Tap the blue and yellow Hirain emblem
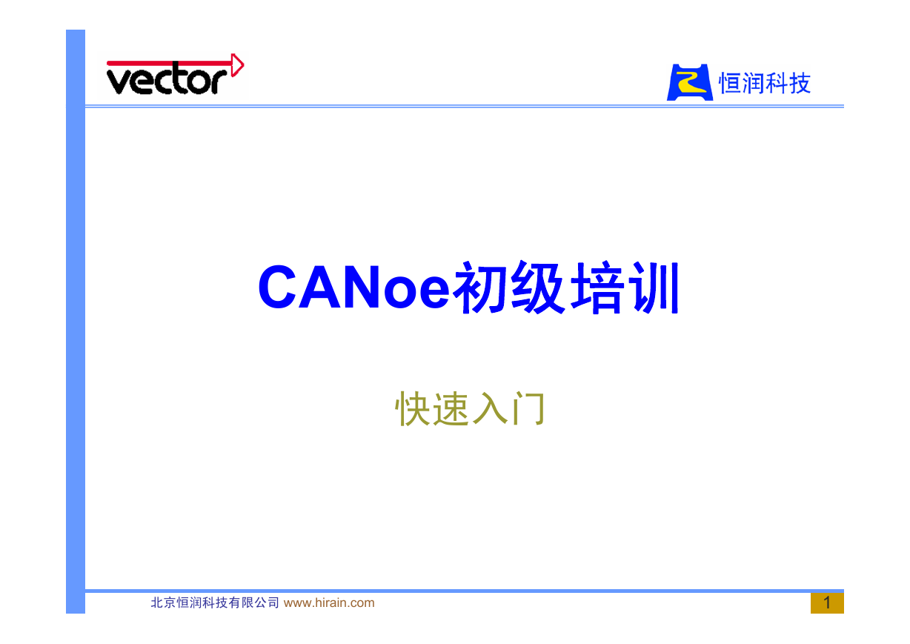(689, 82)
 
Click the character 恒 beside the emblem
(730, 83)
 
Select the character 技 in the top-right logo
(800, 83)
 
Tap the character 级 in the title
(537, 287)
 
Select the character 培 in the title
(597, 287)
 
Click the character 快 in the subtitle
(412, 408)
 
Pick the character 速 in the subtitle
(451, 408)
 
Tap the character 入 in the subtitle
(489, 408)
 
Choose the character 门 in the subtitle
(528, 408)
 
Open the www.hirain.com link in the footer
(329, 602)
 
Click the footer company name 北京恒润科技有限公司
(215, 602)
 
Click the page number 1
(827, 602)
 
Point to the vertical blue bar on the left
(76, 322)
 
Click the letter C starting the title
(277, 287)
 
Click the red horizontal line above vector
(170, 64)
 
